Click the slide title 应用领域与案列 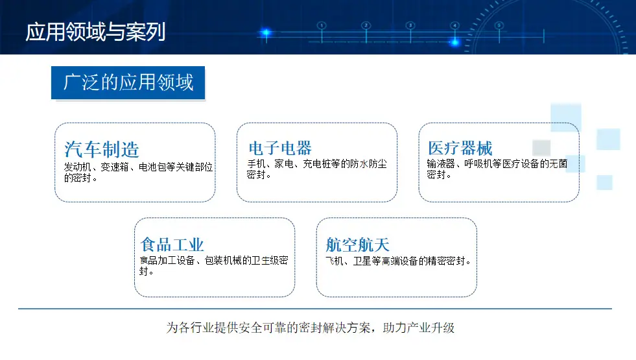[x=96, y=32]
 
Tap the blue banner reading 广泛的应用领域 [x=128, y=82]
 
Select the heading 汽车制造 [x=101, y=149]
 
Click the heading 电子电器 [x=280, y=148]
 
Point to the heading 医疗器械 [x=460, y=148]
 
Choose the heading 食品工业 [x=172, y=245]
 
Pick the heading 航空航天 [x=357, y=245]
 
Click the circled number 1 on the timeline [x=322, y=25]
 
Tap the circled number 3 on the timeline [x=410, y=25]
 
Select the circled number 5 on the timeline [x=499, y=25]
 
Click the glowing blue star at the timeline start [x=266, y=32]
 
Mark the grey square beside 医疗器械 [x=541, y=148]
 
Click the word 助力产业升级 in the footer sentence [x=419, y=328]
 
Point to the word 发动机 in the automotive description [x=77, y=167]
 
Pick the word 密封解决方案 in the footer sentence [x=335, y=328]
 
